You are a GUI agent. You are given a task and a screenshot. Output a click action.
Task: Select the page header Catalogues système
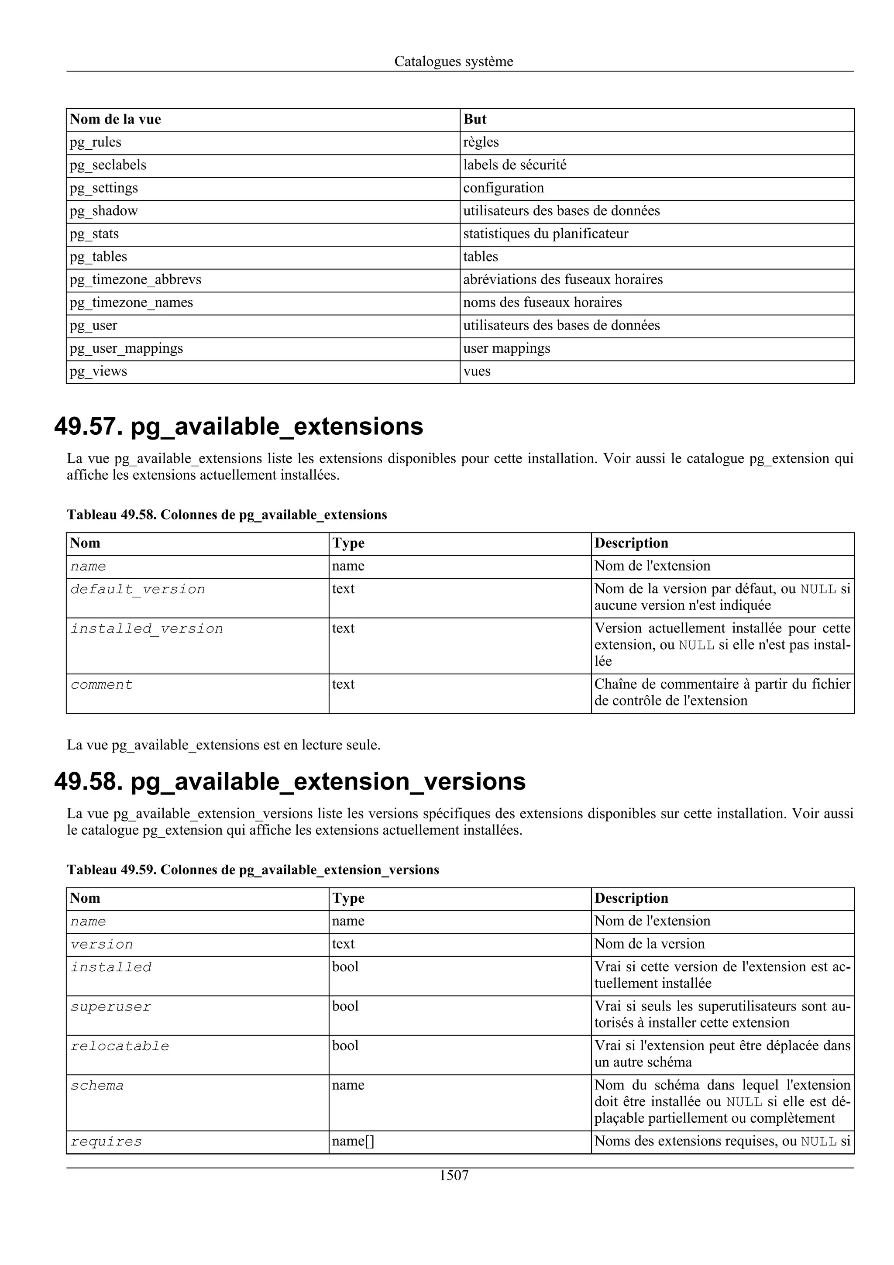pos(454,61)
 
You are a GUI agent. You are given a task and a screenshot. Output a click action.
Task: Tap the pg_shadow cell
pos(103,211)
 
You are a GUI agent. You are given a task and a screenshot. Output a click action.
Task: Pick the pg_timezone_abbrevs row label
pos(135,280)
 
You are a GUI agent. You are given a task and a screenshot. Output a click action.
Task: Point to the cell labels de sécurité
pos(515,165)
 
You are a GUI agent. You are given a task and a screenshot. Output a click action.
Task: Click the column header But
pos(475,120)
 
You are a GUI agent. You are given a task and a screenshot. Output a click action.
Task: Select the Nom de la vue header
pos(115,120)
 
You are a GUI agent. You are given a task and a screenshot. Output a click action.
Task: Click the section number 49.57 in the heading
pos(88,427)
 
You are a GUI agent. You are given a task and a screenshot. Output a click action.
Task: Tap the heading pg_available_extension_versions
pos(328,782)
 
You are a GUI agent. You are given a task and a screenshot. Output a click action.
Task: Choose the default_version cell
pos(138,590)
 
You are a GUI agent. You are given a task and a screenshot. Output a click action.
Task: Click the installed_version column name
pos(147,629)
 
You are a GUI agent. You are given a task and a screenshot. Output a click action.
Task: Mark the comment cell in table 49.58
pos(101,685)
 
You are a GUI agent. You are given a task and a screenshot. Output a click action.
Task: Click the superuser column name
pos(111,1007)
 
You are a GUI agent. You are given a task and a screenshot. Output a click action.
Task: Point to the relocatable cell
pos(120,1046)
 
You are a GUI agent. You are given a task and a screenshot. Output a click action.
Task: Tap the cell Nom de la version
pos(650,944)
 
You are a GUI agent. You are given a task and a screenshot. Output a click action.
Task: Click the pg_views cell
pos(98,371)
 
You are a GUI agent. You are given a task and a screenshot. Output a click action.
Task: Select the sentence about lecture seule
pos(223,746)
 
